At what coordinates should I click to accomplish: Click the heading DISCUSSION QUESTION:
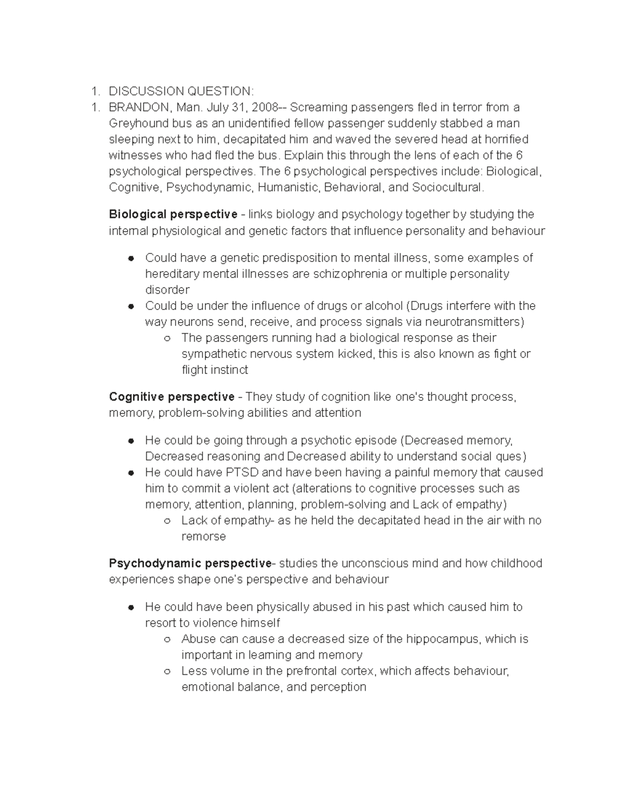[181, 91]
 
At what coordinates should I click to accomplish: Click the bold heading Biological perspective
[173, 214]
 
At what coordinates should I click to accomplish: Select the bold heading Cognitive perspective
[171, 397]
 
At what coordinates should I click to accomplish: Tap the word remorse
[203, 536]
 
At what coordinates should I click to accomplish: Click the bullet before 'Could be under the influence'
[131, 306]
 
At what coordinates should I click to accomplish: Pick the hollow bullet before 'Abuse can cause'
[167, 639]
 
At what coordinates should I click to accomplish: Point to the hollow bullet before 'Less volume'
[167, 671]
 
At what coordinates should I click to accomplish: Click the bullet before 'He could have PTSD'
[131, 473]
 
